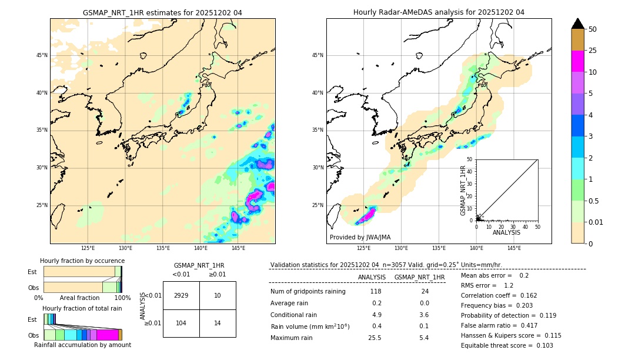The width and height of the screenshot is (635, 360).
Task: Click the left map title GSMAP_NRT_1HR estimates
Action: pyautogui.click(x=162, y=12)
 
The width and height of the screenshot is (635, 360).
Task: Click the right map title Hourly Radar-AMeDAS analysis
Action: pyautogui.click(x=439, y=12)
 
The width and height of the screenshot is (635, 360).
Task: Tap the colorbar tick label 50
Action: pyautogui.click(x=593, y=29)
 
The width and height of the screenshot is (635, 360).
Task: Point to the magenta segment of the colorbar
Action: pyautogui.click(x=577, y=61)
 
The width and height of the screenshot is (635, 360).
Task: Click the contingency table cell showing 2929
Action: pyautogui.click(x=181, y=295)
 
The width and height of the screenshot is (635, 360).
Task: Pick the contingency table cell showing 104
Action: pyautogui.click(x=181, y=324)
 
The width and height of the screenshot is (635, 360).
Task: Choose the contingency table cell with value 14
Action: pyautogui.click(x=218, y=324)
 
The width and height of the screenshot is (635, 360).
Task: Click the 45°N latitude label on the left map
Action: pyautogui.click(x=42, y=55)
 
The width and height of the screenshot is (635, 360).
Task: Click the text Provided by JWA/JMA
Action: pyautogui.click(x=360, y=237)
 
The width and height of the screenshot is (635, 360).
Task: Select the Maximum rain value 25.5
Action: pyautogui.click(x=375, y=338)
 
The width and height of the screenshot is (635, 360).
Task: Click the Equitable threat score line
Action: pyautogui.click(x=507, y=345)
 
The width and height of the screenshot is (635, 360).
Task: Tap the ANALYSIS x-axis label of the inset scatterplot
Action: pyautogui.click(x=506, y=232)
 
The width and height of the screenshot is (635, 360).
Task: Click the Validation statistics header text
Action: pyautogui.click(x=386, y=265)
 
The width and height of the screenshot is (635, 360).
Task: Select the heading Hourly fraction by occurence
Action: pyautogui.click(x=82, y=261)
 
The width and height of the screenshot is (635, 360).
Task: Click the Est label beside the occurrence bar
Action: pyautogui.click(x=32, y=272)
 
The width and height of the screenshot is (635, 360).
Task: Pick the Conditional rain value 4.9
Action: pyautogui.click(x=376, y=315)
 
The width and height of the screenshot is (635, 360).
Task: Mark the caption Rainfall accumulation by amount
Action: pyautogui.click(x=82, y=345)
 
